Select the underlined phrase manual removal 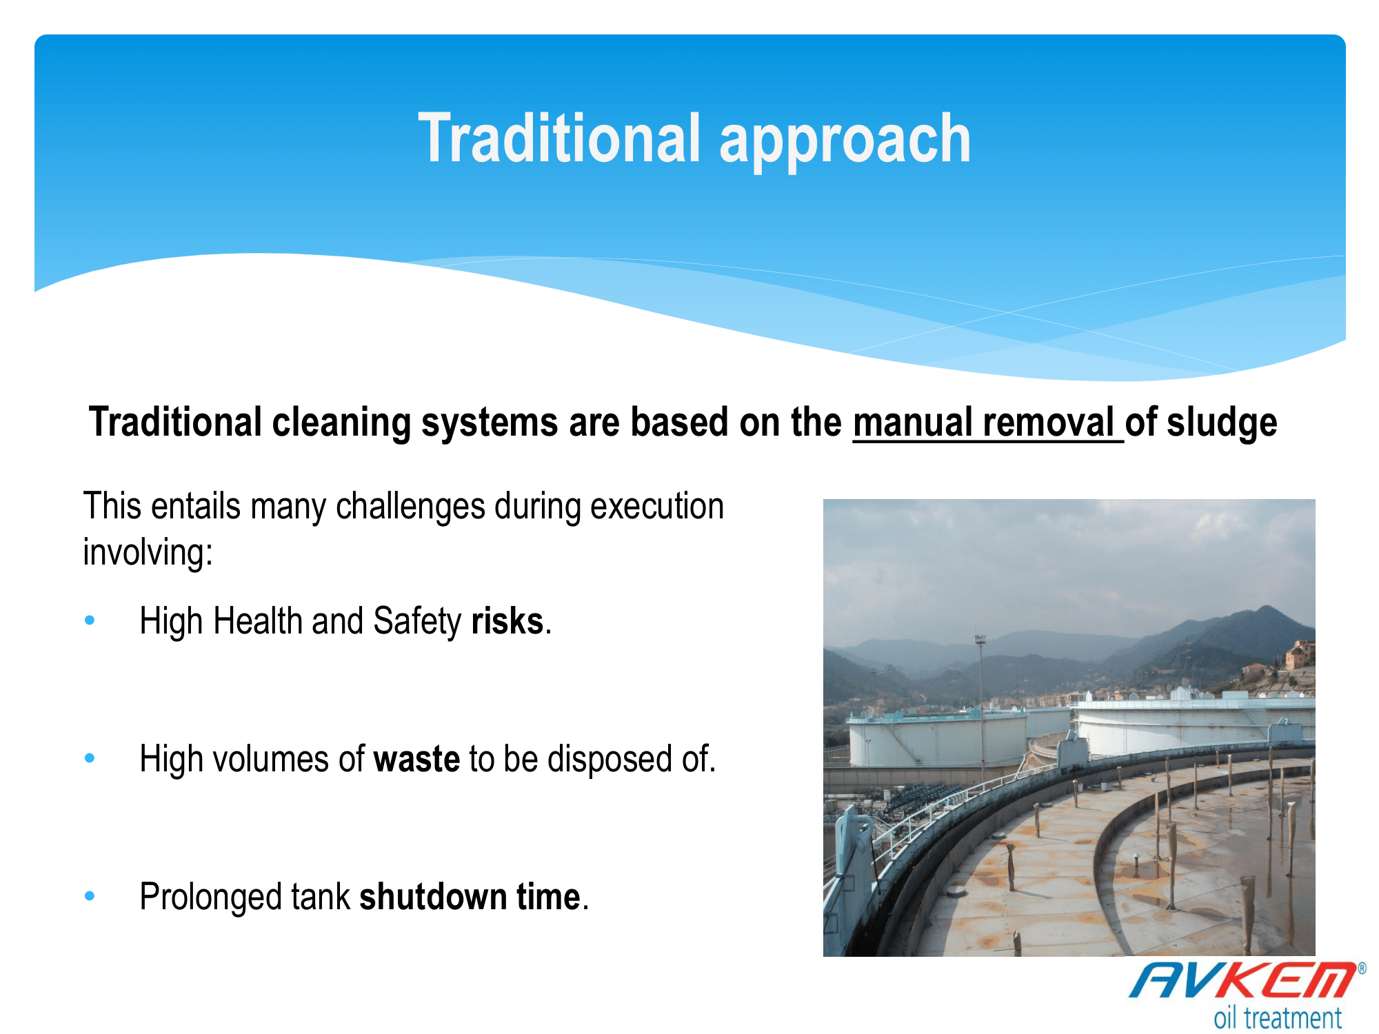tap(984, 422)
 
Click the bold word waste tap(416, 759)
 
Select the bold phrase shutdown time tap(470, 897)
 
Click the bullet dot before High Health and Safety tap(90, 620)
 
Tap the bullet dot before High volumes tap(90, 758)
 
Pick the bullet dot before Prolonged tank tap(90, 896)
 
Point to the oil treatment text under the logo tap(1278, 1017)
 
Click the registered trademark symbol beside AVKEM tap(1362, 969)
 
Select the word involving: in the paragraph tap(148, 553)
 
